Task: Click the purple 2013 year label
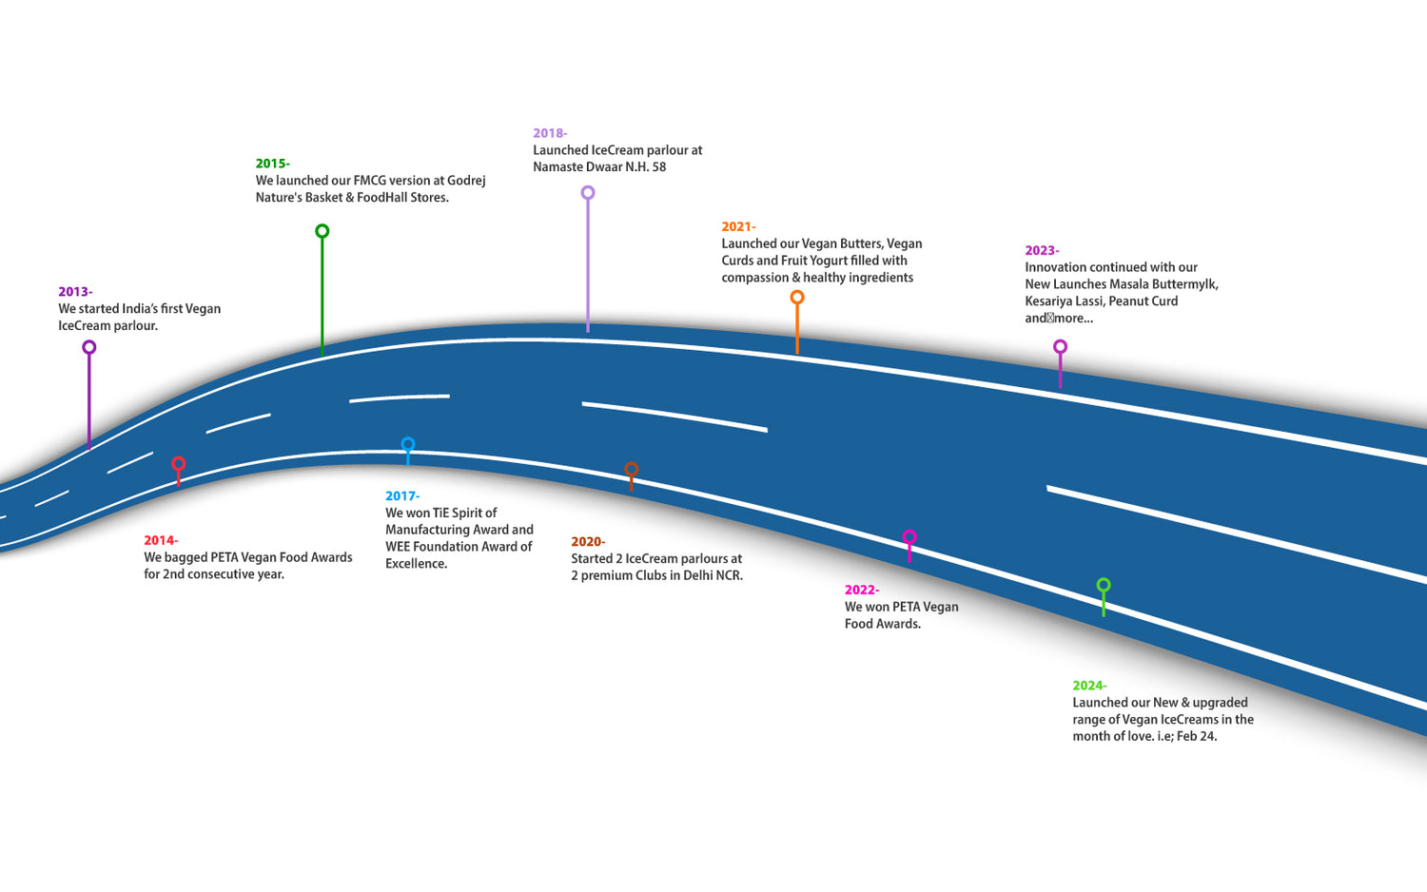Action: [74, 292]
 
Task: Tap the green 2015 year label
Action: [272, 164]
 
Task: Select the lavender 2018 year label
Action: [549, 133]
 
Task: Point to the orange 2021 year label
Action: [738, 226]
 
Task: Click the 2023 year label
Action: [1041, 250]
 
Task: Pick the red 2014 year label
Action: [160, 540]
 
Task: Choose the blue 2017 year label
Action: [401, 495]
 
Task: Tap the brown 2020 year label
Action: [587, 541]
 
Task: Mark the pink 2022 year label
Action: [861, 590]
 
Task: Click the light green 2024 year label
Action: [1088, 685]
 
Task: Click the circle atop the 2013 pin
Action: [89, 347]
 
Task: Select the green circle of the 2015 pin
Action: [323, 231]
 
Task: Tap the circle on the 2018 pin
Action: [588, 193]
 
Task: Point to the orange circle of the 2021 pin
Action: [797, 298]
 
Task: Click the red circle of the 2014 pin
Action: [178, 464]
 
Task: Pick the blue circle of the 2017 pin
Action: [408, 444]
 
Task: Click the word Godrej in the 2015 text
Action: [466, 181]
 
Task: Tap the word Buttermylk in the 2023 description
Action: [1184, 284]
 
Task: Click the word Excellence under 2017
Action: [416, 564]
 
